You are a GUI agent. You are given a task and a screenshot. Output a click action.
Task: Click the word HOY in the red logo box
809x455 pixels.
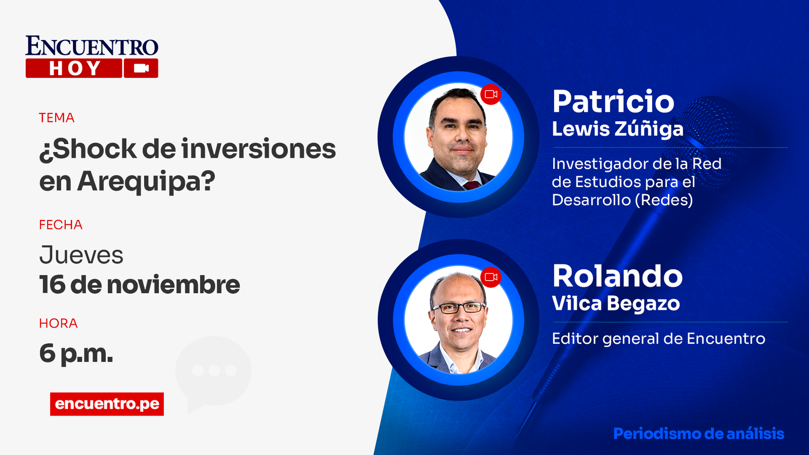74,68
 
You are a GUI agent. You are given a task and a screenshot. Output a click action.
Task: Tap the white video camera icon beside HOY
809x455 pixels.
141,68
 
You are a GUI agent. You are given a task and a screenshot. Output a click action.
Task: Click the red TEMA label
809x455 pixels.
57,118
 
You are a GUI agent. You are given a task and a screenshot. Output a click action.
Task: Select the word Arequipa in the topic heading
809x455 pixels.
147,181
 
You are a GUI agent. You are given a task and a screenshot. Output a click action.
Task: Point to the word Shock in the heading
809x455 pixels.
88,149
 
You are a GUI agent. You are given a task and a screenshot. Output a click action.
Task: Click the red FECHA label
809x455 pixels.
61,225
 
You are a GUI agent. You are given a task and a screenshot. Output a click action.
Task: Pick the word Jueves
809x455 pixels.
81,255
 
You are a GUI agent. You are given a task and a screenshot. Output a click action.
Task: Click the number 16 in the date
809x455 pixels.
52,285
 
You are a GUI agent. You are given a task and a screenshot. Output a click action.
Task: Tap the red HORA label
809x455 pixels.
58,324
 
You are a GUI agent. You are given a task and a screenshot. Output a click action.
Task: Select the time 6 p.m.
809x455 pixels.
76,353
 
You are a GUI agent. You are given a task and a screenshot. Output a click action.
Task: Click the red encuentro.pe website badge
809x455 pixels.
107,404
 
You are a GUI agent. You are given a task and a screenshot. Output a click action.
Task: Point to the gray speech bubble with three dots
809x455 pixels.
213,372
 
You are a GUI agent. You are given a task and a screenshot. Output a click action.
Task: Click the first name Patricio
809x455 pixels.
613,102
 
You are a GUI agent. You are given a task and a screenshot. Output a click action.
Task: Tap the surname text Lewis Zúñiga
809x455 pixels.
617,129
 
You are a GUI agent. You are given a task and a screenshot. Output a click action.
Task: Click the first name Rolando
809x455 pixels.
617,276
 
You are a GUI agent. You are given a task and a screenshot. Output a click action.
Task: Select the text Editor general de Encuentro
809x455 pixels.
658,339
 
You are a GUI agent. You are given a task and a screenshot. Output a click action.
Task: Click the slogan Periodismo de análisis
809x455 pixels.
698,434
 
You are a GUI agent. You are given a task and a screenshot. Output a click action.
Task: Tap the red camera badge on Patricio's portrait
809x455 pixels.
490,95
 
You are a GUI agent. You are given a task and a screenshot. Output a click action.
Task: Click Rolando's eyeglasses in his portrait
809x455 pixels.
459,307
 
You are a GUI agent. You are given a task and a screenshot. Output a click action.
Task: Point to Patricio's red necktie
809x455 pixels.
472,185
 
